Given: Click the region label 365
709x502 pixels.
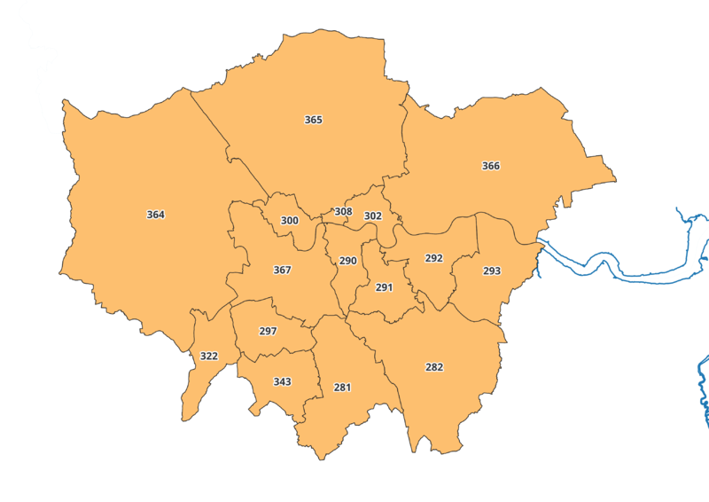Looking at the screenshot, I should click(x=313, y=120).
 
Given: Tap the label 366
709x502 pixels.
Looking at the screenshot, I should click(x=490, y=166).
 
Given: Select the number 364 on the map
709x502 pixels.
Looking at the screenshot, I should click(x=155, y=215).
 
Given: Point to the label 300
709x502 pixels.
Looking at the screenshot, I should click(x=289, y=221).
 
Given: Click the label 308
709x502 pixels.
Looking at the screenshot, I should click(x=343, y=212).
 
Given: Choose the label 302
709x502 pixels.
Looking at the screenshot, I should click(x=373, y=216).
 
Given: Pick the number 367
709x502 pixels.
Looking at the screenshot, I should click(x=282, y=270).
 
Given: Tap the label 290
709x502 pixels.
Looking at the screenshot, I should click(x=347, y=261).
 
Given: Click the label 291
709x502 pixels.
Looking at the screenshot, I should click(x=384, y=287).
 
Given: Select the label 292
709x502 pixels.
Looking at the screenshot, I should click(x=433, y=258).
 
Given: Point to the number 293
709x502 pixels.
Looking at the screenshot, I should click(x=492, y=271).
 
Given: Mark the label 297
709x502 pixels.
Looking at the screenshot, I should click(x=268, y=331).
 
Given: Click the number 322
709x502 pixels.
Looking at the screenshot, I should click(x=208, y=356).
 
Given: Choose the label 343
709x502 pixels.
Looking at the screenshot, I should click(x=282, y=381).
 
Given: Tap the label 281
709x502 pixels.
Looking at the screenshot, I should click(x=342, y=388).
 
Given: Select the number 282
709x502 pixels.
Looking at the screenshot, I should click(x=434, y=367).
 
